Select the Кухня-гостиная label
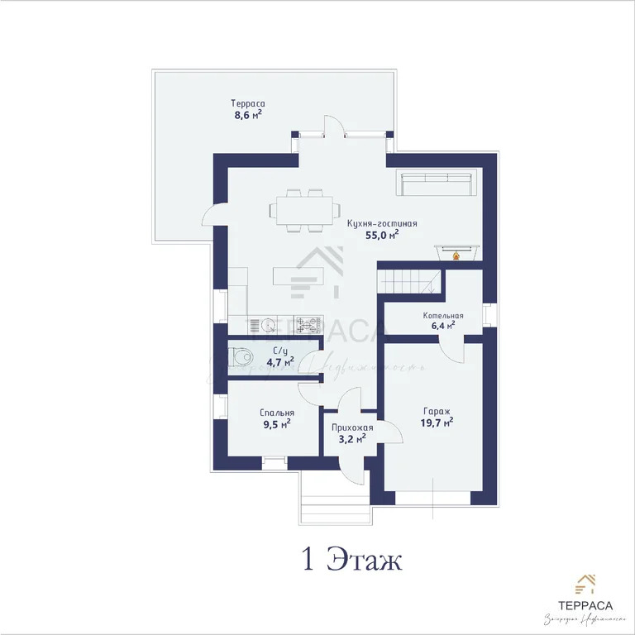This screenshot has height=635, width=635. click(381, 222)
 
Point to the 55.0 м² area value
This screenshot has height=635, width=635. click(381, 235)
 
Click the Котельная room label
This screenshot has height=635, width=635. click(443, 315)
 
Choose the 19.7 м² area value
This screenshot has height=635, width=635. click(436, 423)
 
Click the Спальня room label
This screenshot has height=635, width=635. click(276, 413)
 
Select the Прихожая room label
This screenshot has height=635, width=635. click(352, 427)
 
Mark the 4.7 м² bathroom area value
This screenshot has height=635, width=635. click(279, 361)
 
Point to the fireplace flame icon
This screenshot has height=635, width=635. click(455, 255)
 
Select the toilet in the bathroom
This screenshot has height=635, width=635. click(241, 357)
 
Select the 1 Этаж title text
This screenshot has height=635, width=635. click(351, 560)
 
